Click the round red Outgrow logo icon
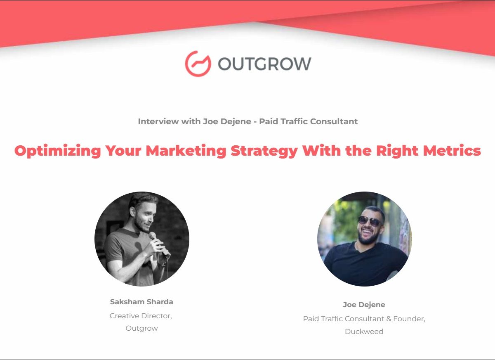click(x=198, y=64)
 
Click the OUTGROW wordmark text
click(x=264, y=64)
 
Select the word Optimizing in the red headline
click(x=58, y=151)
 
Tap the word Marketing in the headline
click(x=186, y=151)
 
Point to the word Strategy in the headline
click(x=264, y=151)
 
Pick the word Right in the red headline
click(x=397, y=151)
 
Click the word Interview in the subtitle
click(x=158, y=121)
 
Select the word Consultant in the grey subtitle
click(x=334, y=121)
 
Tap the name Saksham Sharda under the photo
click(x=141, y=302)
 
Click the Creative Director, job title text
click(x=141, y=316)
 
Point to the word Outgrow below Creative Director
click(x=141, y=328)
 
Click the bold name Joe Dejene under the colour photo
click(x=364, y=305)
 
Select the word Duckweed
click(x=364, y=332)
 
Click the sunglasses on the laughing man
click(x=370, y=221)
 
